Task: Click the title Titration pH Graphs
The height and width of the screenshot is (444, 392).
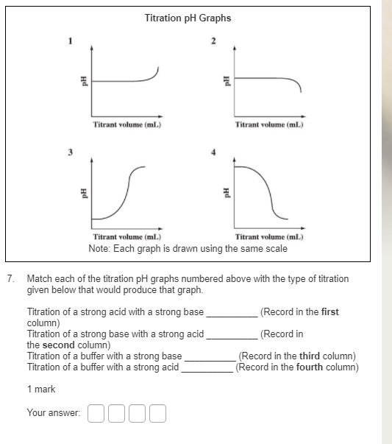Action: coord(188,18)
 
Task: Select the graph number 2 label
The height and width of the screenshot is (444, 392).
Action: coord(213,41)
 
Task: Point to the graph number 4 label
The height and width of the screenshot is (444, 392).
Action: coord(213,152)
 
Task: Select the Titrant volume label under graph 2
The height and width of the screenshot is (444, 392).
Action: coord(269,124)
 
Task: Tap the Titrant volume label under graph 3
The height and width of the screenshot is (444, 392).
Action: coord(127,237)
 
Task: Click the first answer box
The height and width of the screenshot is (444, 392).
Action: coord(96,414)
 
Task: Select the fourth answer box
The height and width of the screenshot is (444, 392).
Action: coord(157,414)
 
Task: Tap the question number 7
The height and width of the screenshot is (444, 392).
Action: coord(10,280)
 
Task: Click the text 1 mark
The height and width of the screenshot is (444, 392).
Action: coord(41,389)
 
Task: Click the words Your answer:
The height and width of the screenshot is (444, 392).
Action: coord(54,414)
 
